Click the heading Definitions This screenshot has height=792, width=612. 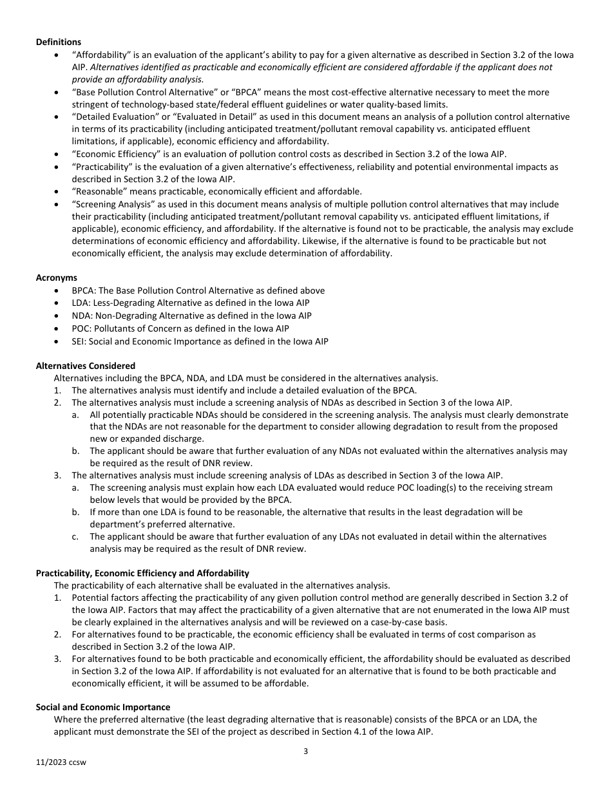pyautogui.click(x=59, y=42)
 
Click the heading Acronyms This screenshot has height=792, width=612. pyautogui.click(x=57, y=278)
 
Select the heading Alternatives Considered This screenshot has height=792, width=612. pyautogui.click(x=86, y=366)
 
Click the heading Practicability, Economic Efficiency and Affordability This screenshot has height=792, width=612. pyautogui.click(x=142, y=573)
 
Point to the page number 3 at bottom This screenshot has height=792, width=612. pyautogui.click(x=306, y=751)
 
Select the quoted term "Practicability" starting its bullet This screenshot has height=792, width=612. pyautogui.click(x=102, y=167)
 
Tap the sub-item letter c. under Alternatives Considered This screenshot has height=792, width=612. pyautogui.click(x=75, y=536)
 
